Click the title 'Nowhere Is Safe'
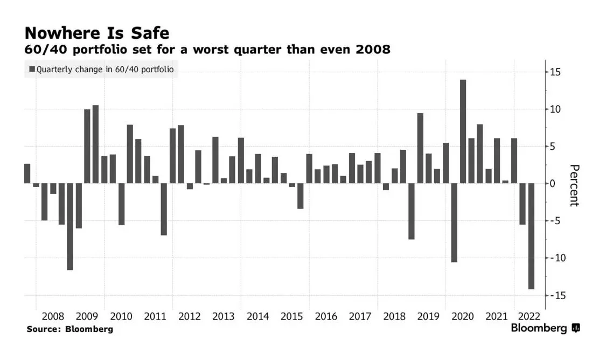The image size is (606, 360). coord(97,33)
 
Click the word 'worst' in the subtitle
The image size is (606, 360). coord(211,50)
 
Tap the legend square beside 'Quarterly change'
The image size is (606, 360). coord(32,69)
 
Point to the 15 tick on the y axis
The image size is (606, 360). coord(555,72)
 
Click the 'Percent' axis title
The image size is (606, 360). coord(574,185)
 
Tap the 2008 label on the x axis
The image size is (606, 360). coord(53,316)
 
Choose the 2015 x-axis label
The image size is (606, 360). coord(292,316)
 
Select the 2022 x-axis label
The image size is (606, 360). coord(529,316)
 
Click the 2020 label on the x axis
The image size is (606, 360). coord(463,316)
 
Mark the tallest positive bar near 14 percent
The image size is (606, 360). coord(463,131)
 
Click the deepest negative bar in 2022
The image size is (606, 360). coord(532,236)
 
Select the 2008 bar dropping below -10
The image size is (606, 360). coord(70,226)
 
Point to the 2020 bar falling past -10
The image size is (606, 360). coord(454,223)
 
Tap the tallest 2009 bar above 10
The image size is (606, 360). coord(95,144)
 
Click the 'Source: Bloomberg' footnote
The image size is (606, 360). coord(70,329)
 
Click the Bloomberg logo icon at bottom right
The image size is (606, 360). coord(576,328)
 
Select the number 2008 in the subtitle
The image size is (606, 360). coord(373,50)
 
